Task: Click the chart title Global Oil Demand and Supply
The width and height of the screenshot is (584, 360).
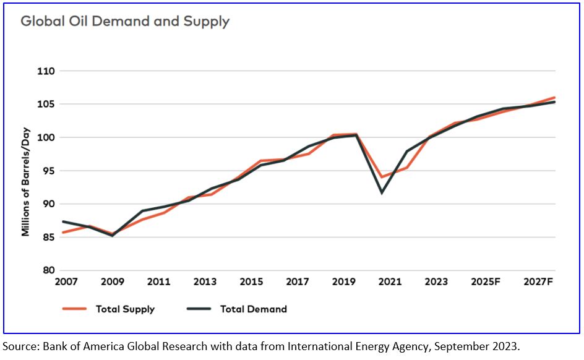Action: tap(125, 22)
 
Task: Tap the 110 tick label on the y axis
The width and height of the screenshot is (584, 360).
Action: tap(46, 71)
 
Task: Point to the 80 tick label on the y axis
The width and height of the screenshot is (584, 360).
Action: tap(48, 270)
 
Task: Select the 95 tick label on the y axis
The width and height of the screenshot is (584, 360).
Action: tap(48, 171)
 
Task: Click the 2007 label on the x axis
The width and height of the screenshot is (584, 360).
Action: tap(66, 282)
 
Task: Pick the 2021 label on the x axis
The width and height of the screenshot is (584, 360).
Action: tap(390, 282)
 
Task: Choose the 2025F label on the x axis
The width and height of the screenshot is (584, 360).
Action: tap(486, 282)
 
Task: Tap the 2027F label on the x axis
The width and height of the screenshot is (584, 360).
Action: tap(538, 282)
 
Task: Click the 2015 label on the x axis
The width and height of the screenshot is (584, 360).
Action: tap(251, 282)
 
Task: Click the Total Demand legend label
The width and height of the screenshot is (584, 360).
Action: tap(254, 309)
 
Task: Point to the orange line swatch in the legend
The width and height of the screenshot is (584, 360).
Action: tap(74, 309)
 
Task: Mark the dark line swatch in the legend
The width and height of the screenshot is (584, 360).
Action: tap(198, 309)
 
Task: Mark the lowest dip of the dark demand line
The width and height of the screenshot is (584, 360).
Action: tap(382, 193)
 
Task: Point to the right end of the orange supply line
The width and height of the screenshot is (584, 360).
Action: tap(555, 97)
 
